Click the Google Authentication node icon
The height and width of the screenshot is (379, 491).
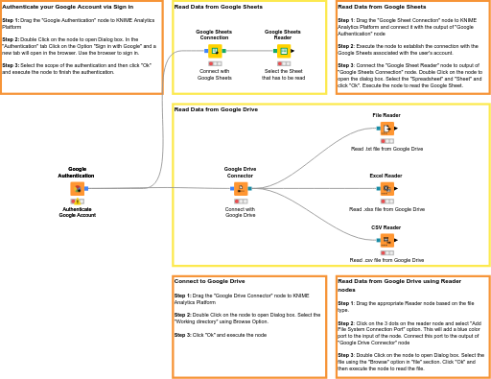77,189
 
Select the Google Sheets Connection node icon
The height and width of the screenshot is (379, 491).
215,51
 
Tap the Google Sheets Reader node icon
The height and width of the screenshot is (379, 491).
284,51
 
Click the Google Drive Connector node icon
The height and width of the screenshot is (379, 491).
240,189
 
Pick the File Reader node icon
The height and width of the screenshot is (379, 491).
386,129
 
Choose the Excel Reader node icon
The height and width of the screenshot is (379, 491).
386,189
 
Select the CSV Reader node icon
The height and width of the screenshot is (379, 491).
386,240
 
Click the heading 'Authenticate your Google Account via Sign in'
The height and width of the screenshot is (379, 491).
67,7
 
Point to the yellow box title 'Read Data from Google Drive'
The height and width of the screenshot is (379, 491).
216,109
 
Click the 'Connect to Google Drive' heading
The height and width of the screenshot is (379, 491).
209,281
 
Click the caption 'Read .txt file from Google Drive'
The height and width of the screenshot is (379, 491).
386,149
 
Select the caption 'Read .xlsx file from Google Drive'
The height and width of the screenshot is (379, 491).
386,209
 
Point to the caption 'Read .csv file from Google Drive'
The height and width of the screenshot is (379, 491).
386,260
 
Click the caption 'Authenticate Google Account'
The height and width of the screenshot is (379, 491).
77,212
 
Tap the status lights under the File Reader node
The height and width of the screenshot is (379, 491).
386,141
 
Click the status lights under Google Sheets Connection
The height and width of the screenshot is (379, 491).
215,63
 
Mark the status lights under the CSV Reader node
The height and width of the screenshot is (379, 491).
386,252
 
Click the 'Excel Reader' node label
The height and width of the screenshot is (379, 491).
386,176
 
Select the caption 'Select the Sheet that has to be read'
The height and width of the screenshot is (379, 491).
284,75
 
